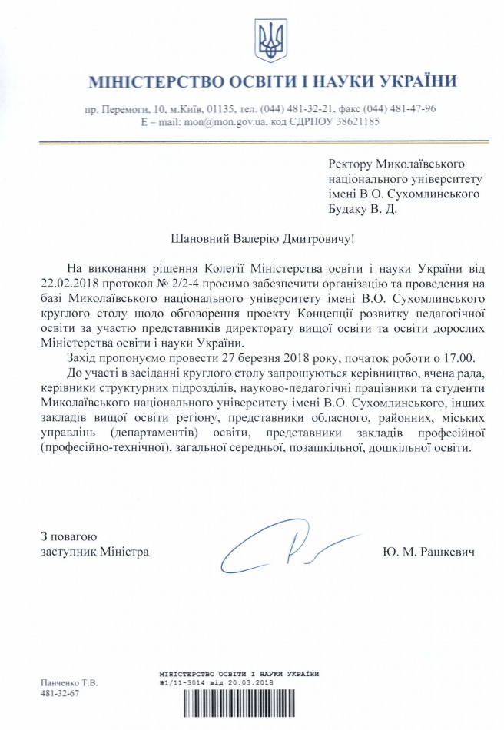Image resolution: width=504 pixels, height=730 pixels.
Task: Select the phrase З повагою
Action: tap(68, 536)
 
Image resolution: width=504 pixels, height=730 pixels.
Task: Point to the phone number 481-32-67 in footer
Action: tap(60, 693)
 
